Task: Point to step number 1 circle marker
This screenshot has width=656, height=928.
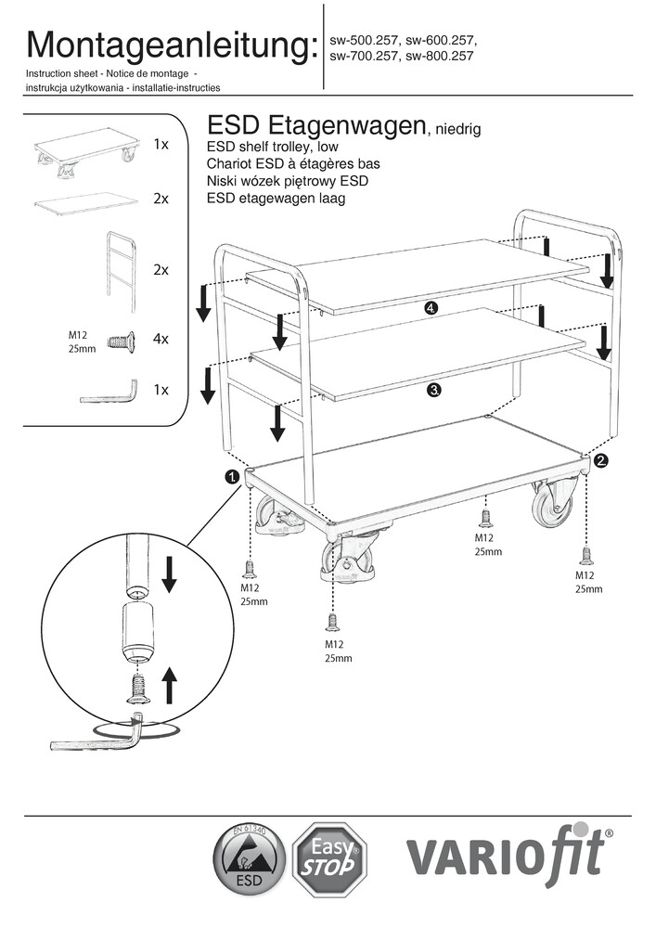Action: (x=232, y=477)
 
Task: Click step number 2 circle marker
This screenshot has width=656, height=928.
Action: (x=600, y=459)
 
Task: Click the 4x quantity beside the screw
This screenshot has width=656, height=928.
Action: (x=161, y=340)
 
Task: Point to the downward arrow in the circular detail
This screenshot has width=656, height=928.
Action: (x=169, y=574)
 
